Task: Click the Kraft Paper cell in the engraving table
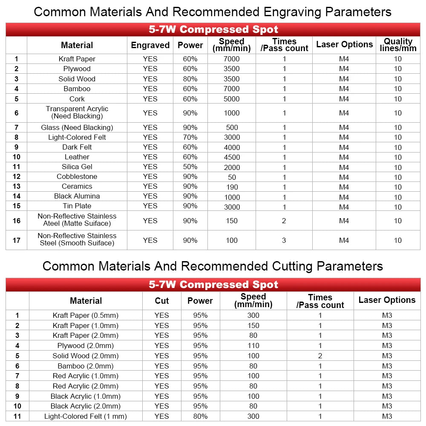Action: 77,59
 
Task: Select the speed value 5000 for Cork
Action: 232,99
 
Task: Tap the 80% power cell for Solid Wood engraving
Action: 190,79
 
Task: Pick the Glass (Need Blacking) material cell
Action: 77,127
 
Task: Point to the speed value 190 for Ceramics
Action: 232,187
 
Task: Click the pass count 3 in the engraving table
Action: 284,240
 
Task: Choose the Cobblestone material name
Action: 77,176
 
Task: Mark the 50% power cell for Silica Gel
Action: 190,167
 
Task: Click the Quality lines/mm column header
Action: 398,45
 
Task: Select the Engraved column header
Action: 150,45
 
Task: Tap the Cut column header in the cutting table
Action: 162,301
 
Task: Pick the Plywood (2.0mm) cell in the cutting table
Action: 86,345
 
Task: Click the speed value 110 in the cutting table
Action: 253,345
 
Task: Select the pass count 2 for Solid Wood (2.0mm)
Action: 320,356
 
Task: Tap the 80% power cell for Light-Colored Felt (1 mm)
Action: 200,416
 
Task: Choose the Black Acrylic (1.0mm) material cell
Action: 86,396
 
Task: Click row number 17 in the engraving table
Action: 16,240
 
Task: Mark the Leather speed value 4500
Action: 232,157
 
